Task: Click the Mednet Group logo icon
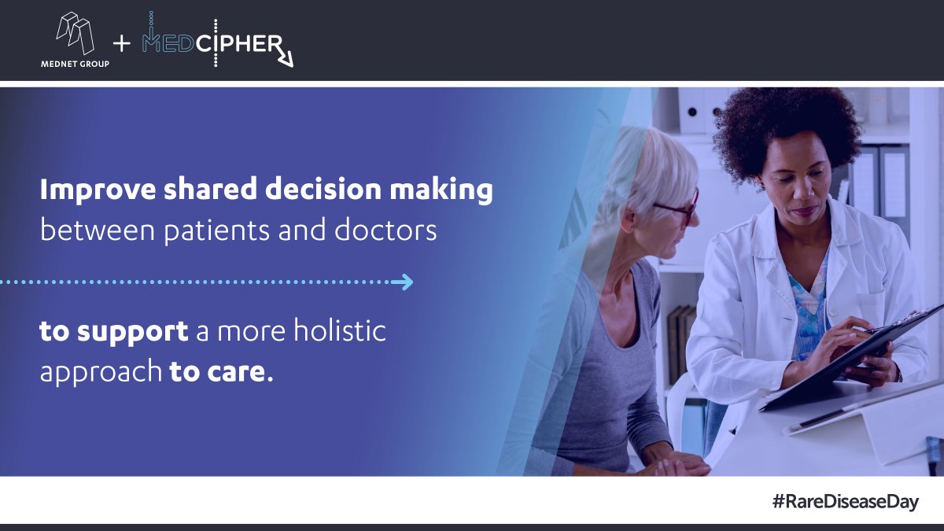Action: pyautogui.click(x=75, y=33)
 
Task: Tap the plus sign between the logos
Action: pyautogui.click(x=122, y=44)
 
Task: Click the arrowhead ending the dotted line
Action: pyautogui.click(x=405, y=282)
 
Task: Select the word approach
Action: pyautogui.click(x=100, y=371)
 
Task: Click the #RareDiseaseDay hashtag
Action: pyautogui.click(x=844, y=502)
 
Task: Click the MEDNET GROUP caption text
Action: pyautogui.click(x=75, y=64)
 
